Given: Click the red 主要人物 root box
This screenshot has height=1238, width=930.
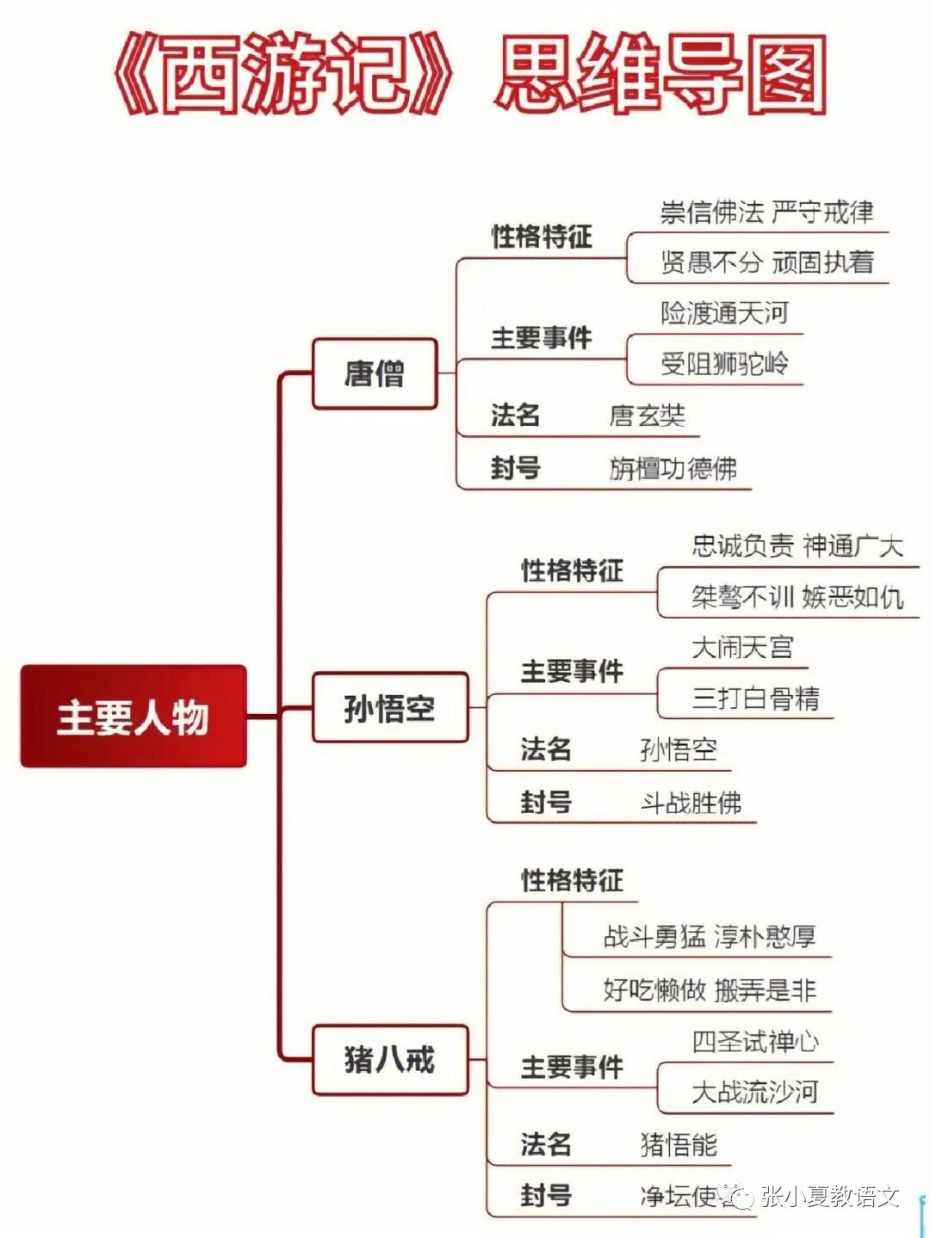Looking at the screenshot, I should tap(133, 716).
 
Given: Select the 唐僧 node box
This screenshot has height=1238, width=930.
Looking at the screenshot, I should tap(374, 373).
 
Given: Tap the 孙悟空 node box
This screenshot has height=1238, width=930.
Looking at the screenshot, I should tap(389, 708).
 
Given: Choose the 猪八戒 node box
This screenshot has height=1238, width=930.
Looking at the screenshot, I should tap(389, 1059).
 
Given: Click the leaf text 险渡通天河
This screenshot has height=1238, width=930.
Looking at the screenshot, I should tap(724, 313).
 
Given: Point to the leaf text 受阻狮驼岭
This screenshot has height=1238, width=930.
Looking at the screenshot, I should tap(724, 363).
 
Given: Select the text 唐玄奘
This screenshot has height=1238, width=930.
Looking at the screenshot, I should tap(648, 416).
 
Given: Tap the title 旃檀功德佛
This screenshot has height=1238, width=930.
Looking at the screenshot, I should tap(673, 469).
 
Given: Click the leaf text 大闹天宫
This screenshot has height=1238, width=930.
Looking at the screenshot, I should tap(742, 647).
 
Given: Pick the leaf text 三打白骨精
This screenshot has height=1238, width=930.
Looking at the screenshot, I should tap(755, 698).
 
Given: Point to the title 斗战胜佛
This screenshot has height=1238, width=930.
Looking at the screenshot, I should tap(691, 803).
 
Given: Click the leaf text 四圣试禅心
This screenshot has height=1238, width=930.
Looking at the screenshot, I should tap(755, 1042).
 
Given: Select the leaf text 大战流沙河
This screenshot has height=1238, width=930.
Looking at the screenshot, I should tap(755, 1093).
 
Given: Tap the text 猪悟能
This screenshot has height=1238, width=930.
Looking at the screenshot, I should tap(679, 1145).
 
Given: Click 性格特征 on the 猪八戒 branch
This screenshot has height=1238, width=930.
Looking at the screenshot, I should tap(572, 880).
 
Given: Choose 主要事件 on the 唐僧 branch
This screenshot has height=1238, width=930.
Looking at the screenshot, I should tap(542, 338).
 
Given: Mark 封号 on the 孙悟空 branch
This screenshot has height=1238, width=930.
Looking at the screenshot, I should tap(546, 803).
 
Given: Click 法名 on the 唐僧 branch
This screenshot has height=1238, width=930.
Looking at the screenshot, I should tap(515, 416).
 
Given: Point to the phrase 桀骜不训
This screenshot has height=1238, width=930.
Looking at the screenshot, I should tap(742, 596).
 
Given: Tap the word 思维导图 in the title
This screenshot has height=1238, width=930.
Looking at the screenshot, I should tap(661, 76).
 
